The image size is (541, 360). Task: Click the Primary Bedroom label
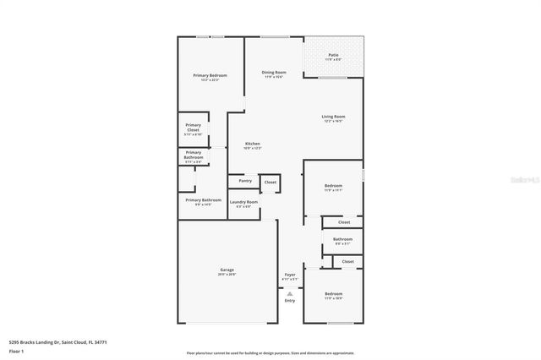(x=210, y=76)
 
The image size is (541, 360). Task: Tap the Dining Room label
(x=274, y=73)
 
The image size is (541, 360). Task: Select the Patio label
(x=333, y=55)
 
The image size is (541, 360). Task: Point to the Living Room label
(x=333, y=117)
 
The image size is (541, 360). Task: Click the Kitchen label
(x=252, y=144)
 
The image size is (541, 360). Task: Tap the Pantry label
(x=245, y=180)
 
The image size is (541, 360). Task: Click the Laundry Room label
(x=243, y=202)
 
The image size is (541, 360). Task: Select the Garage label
(x=227, y=270)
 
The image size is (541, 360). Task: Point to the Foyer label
(x=290, y=275)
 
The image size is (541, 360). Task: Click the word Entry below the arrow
(x=290, y=300)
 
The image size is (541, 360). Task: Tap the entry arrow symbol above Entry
(x=290, y=292)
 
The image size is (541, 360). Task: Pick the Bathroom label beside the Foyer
(x=342, y=239)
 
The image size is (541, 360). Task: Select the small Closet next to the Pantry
(x=270, y=182)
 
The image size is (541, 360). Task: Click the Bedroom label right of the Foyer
(x=333, y=294)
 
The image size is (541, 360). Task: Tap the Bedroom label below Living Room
(x=333, y=185)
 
